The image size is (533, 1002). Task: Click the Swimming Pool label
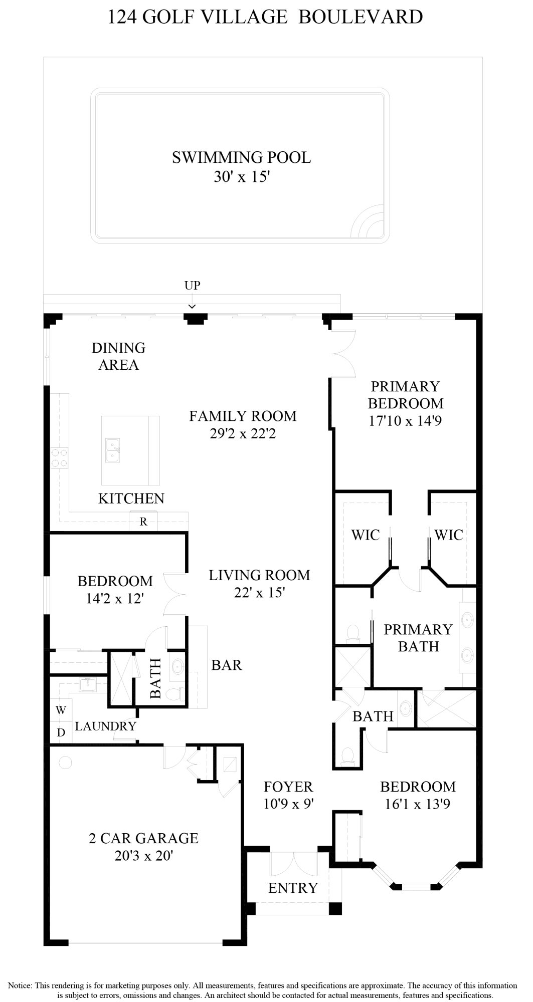coord(241,157)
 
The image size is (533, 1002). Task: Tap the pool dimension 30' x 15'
coord(242,177)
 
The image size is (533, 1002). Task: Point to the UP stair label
coord(193,285)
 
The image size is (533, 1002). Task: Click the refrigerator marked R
coord(143,522)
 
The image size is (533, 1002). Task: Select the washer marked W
coord(61,710)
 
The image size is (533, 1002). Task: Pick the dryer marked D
coord(61,732)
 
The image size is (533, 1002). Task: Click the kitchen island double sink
coord(112,450)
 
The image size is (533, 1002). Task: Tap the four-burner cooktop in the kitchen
coord(59,458)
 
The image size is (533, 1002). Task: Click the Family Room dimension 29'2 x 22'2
coord(243,433)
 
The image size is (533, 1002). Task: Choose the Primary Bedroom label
coord(406,395)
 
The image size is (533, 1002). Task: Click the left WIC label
coord(366,535)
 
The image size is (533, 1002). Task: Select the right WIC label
coord(449,535)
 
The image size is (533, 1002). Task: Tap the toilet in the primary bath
coord(353,633)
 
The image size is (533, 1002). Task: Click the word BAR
coord(227,665)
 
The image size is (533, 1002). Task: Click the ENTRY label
coord(293,888)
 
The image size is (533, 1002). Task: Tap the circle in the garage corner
coord(65,763)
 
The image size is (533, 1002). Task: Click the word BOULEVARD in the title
coord(361,17)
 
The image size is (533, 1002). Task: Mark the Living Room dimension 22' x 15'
coord(259,593)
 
